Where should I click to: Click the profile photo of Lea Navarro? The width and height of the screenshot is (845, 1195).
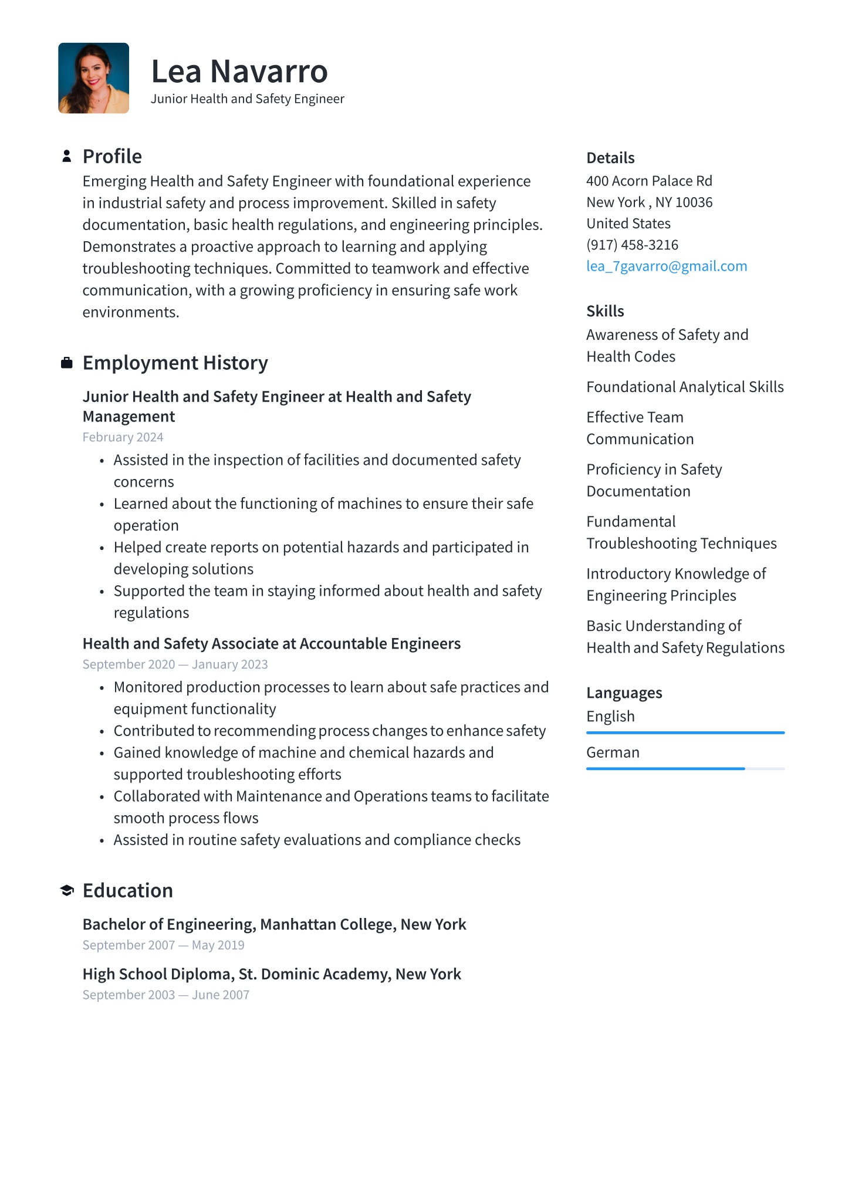[x=93, y=78]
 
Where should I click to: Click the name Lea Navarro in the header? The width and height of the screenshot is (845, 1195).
[x=239, y=72]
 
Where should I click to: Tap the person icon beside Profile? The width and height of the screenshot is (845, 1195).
[x=67, y=156]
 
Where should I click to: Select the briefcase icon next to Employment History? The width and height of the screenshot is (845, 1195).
[x=67, y=363]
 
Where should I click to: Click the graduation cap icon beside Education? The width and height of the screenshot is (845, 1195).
[x=67, y=890]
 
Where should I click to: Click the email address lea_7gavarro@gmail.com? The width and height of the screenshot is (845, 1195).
[x=667, y=266]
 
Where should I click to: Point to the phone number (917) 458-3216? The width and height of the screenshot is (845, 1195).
[x=632, y=245]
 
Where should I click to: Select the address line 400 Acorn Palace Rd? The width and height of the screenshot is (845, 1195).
[x=649, y=181]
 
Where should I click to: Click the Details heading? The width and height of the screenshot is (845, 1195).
[x=610, y=158]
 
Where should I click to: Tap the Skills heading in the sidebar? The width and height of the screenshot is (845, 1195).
[x=605, y=311]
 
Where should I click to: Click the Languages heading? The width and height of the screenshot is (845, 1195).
[x=624, y=693]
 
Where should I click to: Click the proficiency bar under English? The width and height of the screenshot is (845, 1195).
[x=685, y=732]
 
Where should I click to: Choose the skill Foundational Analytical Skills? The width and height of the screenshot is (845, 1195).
[x=685, y=387]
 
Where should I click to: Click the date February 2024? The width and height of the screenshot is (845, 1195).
[x=123, y=437]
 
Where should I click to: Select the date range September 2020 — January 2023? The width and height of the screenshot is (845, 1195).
[x=175, y=664]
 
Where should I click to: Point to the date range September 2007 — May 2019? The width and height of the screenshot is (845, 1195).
[x=163, y=945]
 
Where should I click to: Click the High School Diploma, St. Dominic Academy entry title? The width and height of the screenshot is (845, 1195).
[x=272, y=974]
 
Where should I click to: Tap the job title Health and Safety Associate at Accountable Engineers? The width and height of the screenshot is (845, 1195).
[x=272, y=644]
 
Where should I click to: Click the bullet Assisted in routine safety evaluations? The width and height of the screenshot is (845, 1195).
[x=317, y=840]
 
